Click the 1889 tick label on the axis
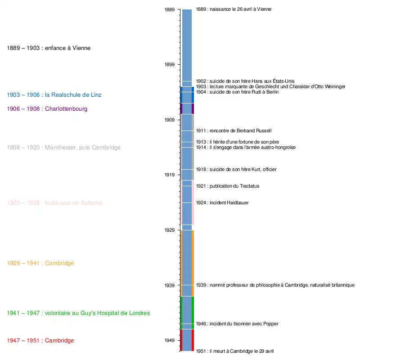tap(170, 9)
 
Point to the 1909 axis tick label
tap(170, 120)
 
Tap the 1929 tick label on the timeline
tap(170, 230)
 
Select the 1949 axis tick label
tap(170, 340)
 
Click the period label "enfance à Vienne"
tap(49, 48)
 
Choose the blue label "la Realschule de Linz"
tap(54, 95)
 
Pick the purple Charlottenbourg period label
tap(47, 109)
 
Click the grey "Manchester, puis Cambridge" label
tap(64, 148)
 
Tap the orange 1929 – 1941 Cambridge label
tap(40, 263)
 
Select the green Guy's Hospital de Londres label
tap(78, 313)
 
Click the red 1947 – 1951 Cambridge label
tap(40, 341)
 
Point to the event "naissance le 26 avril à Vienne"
tap(234, 9)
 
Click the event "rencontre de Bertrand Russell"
tap(234, 131)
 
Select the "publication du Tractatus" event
tap(227, 186)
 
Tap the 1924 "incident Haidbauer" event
tap(222, 203)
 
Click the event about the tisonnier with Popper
tap(237, 324)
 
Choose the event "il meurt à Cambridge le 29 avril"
tap(235, 351)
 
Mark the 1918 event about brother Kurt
tap(236, 170)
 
